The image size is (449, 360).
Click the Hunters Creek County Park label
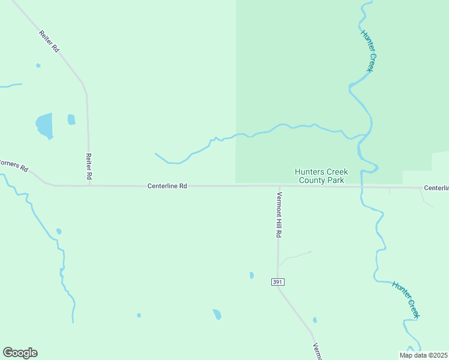click(321, 176)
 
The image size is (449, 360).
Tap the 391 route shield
click(277, 282)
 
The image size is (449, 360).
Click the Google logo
click(20, 353)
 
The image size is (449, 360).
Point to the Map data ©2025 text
click(424, 355)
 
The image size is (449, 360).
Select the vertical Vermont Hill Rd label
click(279, 215)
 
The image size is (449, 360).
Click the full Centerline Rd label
click(167, 187)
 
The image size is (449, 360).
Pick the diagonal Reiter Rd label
click(49, 41)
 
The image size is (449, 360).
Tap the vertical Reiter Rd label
click(89, 167)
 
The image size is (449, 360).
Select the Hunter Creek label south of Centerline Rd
click(406, 299)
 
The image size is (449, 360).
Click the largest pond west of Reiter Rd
click(44, 125)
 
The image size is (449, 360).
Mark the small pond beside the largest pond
click(71, 119)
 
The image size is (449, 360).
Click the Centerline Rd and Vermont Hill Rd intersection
click(278, 186)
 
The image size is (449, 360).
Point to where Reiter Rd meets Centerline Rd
click(89, 185)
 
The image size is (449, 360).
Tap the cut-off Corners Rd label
click(14, 165)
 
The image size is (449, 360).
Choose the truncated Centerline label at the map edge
click(436, 188)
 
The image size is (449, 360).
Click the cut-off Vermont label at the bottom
click(318, 352)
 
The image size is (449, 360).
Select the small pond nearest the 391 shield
click(252, 275)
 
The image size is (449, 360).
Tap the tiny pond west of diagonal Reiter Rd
click(38, 65)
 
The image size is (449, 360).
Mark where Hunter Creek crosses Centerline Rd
click(362, 187)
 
